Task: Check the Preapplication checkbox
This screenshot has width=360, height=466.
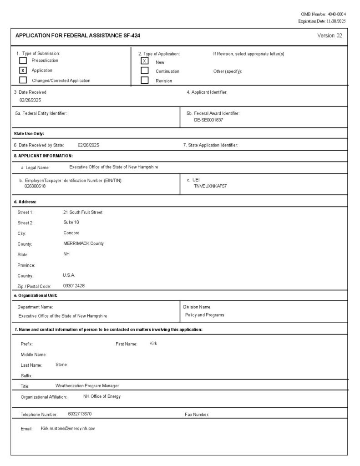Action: [23, 61]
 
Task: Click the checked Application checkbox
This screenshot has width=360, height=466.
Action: [23, 71]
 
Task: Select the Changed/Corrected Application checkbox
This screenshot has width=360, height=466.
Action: [23, 81]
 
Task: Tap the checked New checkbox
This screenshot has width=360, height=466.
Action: [145, 61]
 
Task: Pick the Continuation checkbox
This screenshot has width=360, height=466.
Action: [145, 71]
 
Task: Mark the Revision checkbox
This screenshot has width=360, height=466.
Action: [145, 81]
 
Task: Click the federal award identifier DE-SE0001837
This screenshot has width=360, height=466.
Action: [208, 120]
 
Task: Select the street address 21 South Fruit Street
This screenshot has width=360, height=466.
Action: [83, 212]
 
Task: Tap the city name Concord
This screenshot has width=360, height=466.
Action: [71, 233]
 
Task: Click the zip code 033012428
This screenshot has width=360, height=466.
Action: [74, 286]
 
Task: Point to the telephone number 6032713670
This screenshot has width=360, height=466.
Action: [80, 414]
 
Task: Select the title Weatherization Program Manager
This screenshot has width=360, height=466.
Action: [87, 386]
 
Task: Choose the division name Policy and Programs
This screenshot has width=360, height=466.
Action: [204, 315]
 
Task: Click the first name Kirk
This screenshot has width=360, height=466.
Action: [153, 343]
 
